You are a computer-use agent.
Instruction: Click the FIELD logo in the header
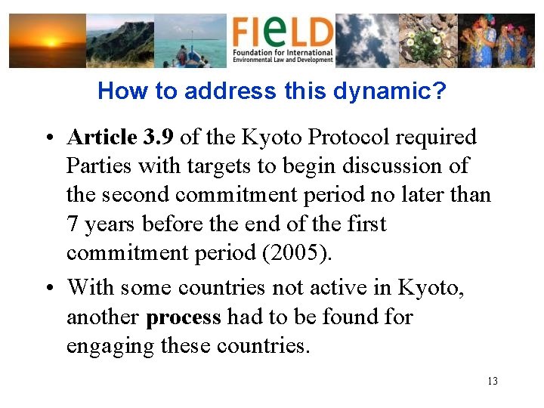[282, 40]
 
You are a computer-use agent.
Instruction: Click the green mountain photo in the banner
[119, 41]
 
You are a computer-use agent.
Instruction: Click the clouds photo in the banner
[367, 41]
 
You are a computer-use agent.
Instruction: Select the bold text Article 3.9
[121, 138]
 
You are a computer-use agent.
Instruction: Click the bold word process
[184, 317]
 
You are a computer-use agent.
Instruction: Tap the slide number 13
[493, 382]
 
